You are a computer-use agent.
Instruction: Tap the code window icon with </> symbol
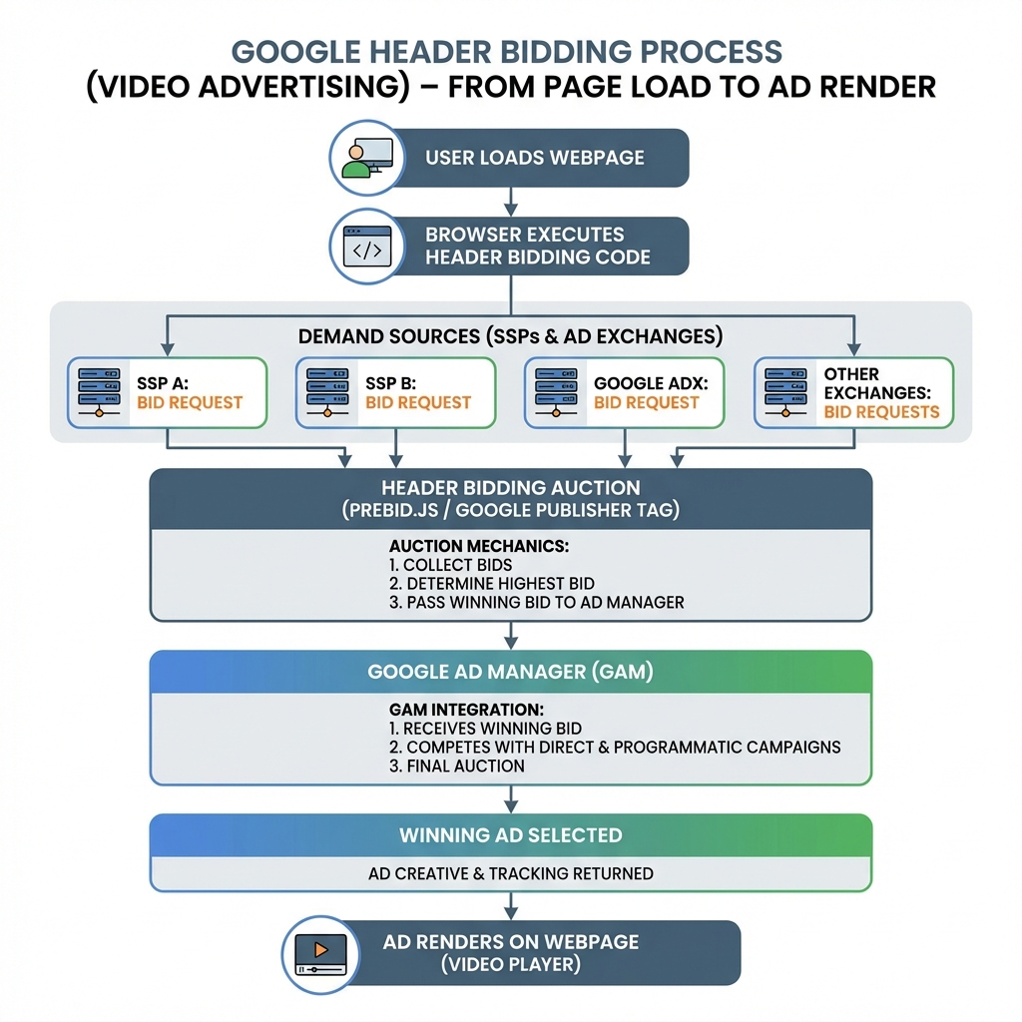pos(366,247)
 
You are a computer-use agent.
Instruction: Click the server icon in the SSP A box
pos(101,392)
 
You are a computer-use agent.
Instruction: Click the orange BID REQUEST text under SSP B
pos(418,403)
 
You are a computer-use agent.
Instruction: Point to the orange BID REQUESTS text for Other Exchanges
pos(881,411)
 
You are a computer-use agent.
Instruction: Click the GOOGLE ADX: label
pos(643,383)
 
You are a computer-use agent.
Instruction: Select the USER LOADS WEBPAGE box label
pos(535,158)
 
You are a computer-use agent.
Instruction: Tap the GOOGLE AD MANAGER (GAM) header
pos(510,672)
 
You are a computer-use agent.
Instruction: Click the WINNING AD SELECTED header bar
pos(510,835)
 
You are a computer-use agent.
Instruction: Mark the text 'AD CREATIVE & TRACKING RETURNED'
pos(510,873)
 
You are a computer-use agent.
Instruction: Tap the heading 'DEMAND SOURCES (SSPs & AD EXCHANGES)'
pos(510,336)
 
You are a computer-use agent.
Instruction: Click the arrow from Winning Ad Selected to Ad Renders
pos(511,905)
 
